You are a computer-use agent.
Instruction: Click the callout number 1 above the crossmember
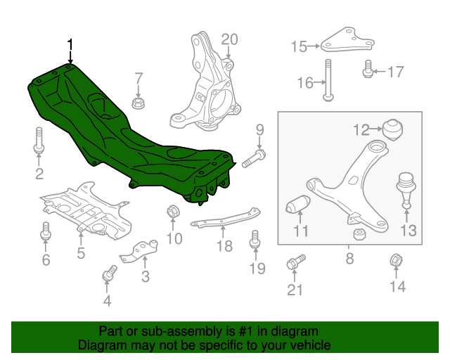point(70,45)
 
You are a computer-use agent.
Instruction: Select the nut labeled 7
point(138,104)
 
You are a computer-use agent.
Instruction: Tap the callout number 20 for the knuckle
point(230,39)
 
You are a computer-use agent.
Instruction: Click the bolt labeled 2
point(39,141)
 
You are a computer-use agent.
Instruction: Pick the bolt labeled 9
point(254,159)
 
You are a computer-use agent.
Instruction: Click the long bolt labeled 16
point(328,80)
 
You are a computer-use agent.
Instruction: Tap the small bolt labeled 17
point(367,70)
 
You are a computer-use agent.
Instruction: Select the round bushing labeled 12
point(392,129)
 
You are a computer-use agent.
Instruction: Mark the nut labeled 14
point(395,262)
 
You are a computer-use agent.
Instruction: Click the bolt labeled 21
point(294,263)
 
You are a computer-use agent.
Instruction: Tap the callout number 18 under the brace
point(224,245)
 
